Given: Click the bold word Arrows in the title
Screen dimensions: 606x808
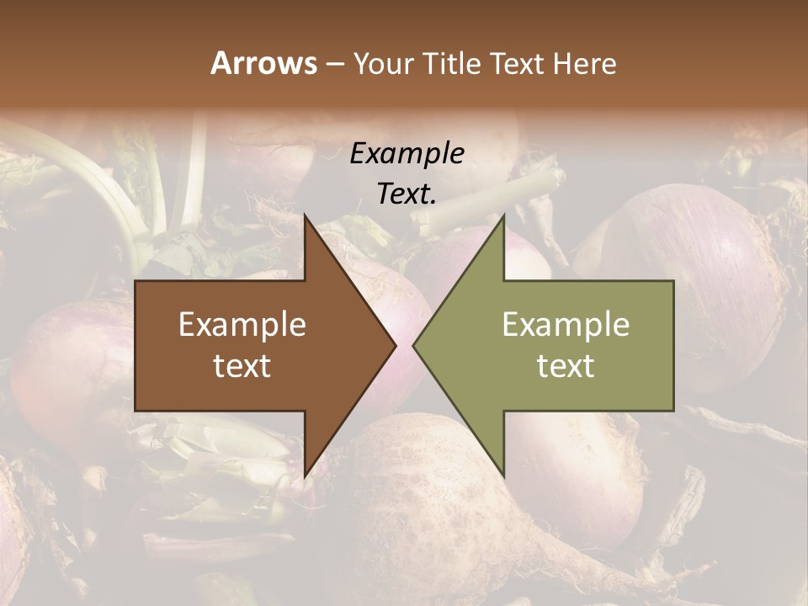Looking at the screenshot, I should (x=263, y=63).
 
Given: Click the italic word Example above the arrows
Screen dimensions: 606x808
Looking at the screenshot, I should (x=407, y=153).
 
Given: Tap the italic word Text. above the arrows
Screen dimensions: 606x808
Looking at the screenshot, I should (x=407, y=194).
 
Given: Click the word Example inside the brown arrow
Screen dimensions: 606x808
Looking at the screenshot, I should (x=242, y=324).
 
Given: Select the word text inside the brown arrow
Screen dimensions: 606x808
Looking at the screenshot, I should (x=242, y=365).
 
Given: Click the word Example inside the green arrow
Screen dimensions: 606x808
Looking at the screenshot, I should (x=566, y=324).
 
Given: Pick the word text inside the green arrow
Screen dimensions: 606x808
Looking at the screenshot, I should (x=566, y=365).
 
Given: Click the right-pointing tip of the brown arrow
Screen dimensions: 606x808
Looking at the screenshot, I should (x=395, y=345).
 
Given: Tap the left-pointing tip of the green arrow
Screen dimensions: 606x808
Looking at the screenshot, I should (x=414, y=345).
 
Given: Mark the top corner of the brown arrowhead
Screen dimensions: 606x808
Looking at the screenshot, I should (x=306, y=217).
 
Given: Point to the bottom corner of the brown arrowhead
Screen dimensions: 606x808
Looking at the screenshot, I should (x=306, y=475).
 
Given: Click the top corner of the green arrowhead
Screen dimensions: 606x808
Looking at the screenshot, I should (x=503, y=217).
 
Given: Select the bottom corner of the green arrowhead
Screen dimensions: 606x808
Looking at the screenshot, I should (x=503, y=475).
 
